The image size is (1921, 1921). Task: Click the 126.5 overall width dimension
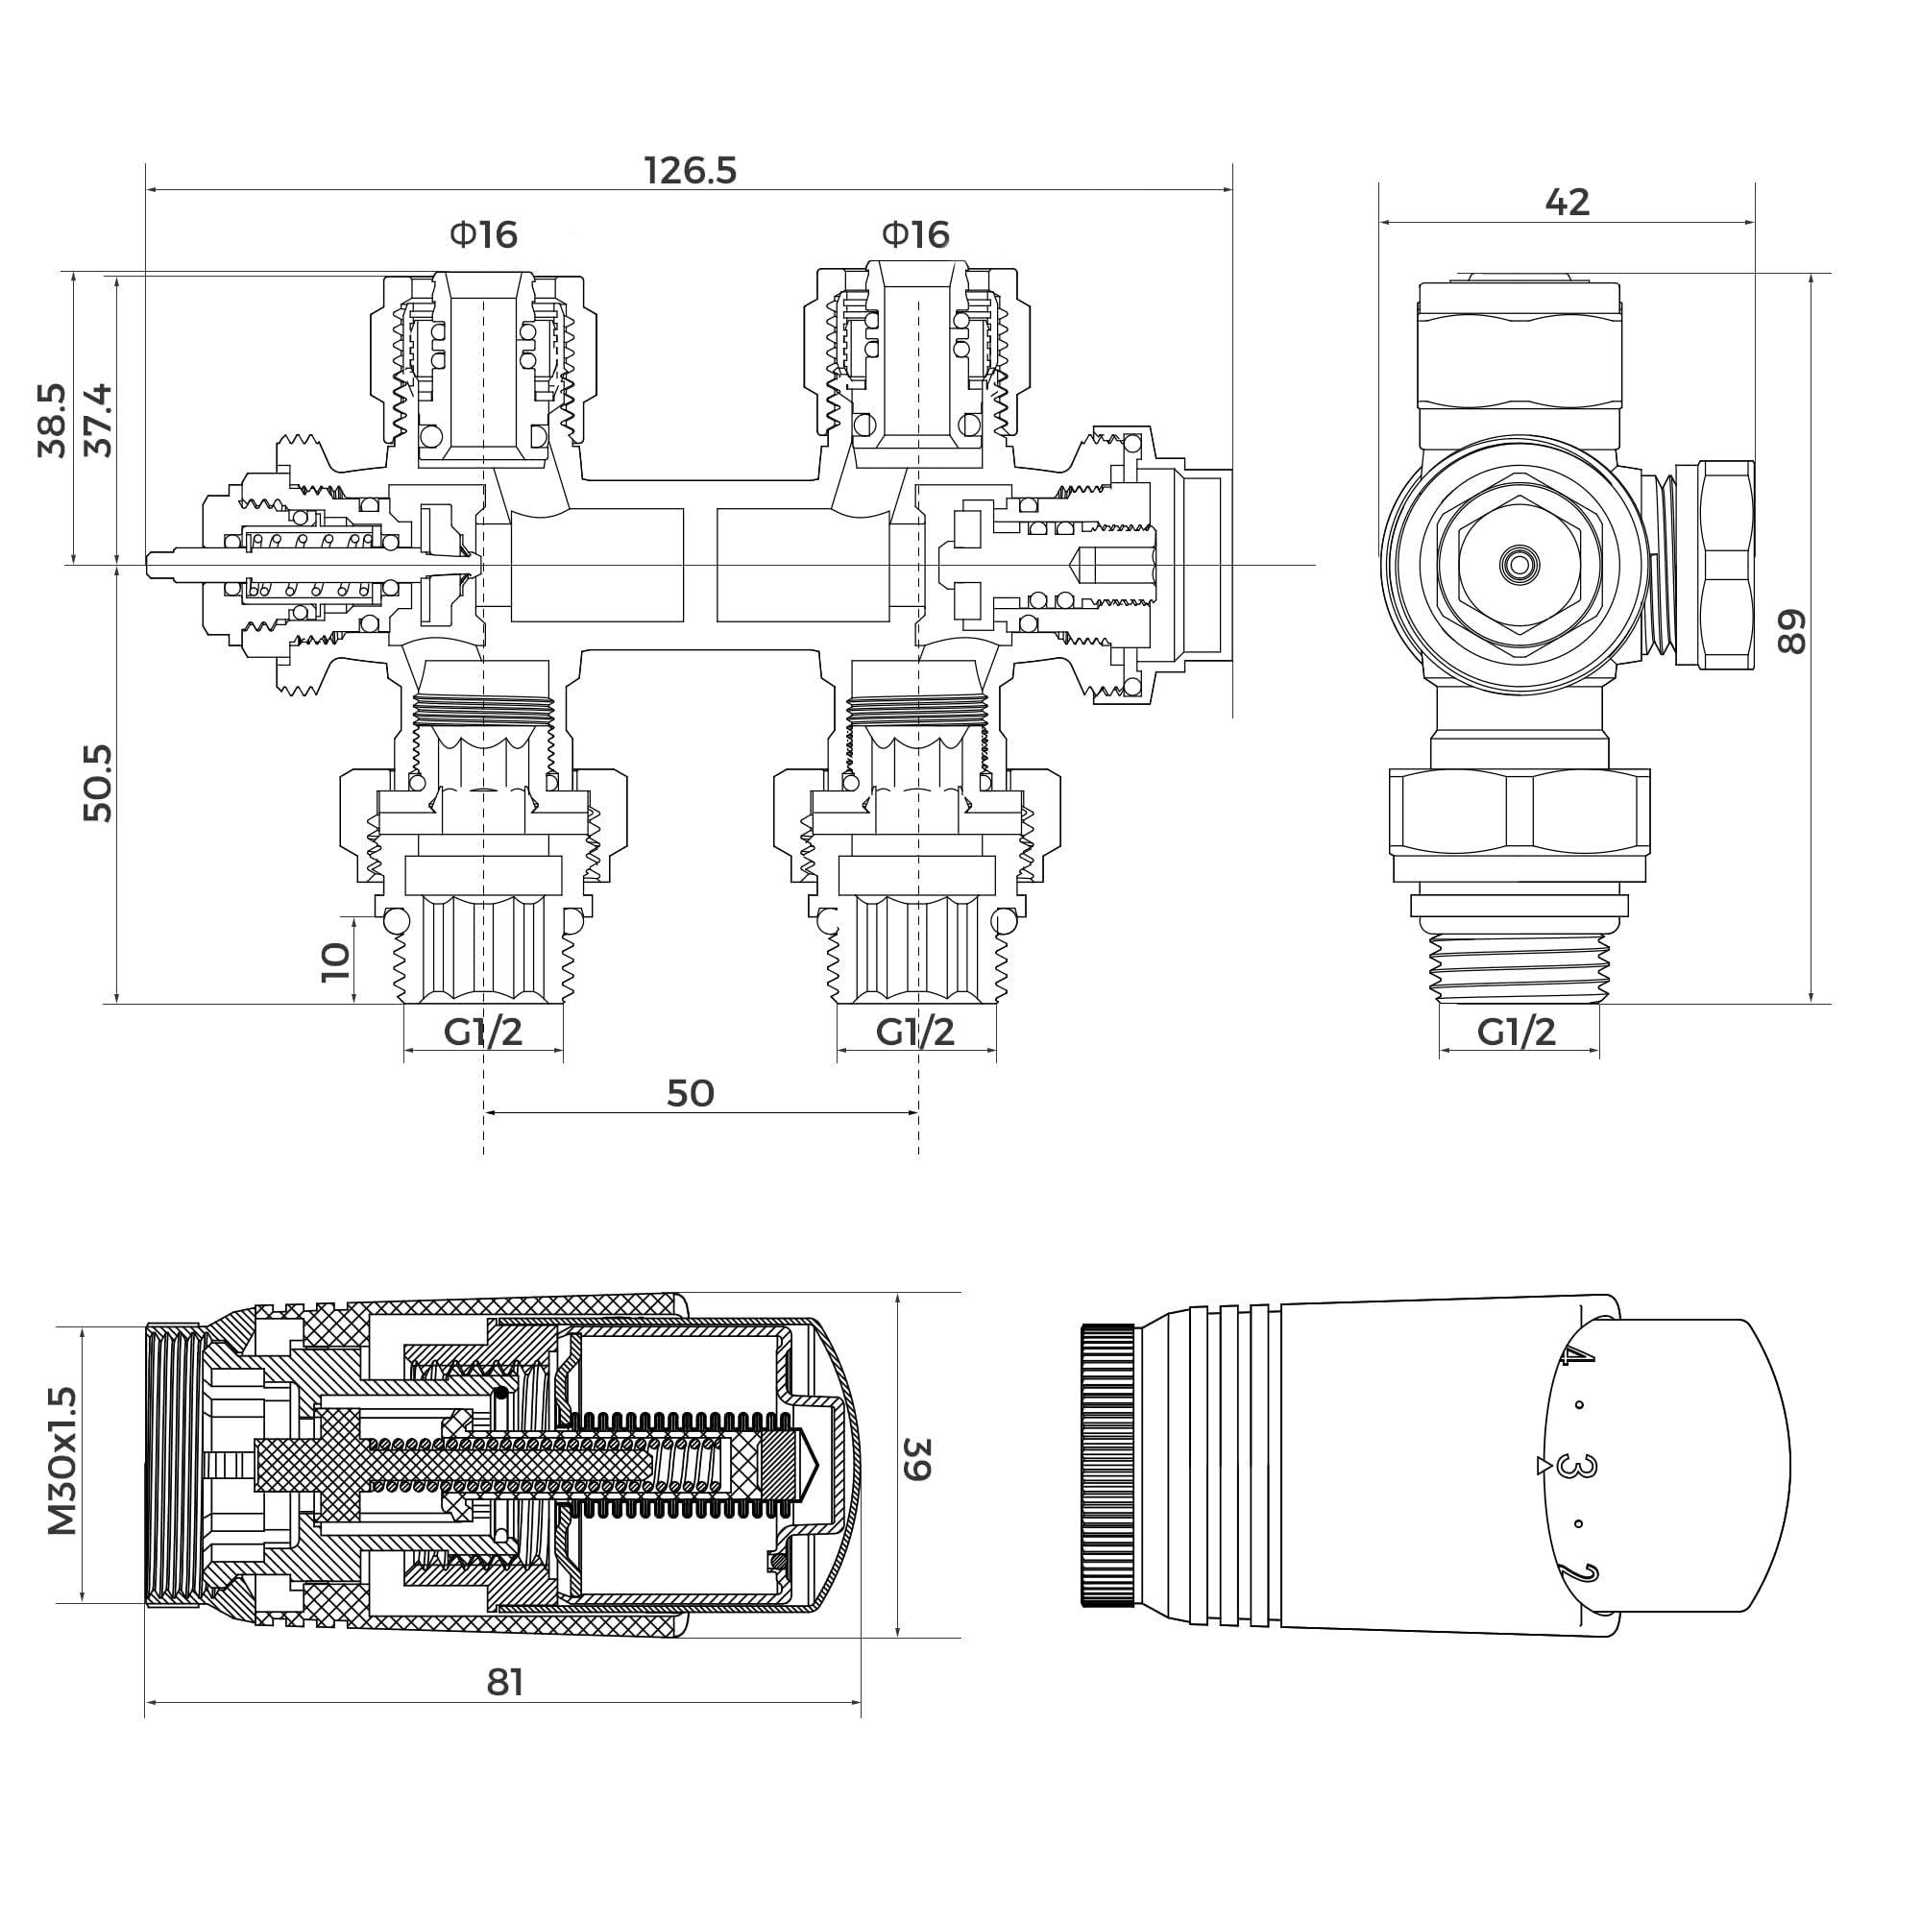tap(690, 171)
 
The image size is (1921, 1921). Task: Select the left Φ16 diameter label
tap(483, 235)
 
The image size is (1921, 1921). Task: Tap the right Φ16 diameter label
tap(914, 235)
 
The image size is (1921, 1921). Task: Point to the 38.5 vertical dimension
tap(52, 420)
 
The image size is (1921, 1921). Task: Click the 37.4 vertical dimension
tap(98, 420)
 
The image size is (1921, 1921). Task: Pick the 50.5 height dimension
tap(98, 783)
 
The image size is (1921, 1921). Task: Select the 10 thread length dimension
tap(336, 961)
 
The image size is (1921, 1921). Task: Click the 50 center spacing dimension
tap(690, 1094)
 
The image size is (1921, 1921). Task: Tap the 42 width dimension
tap(1567, 203)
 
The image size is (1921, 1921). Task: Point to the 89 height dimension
tap(1790, 631)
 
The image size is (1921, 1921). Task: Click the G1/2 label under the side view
tap(1517, 1033)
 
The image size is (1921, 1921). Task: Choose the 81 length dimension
tap(505, 1683)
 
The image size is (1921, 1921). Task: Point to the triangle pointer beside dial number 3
tap(1543, 1466)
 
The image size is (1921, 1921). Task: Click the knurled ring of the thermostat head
tap(1107, 1465)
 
